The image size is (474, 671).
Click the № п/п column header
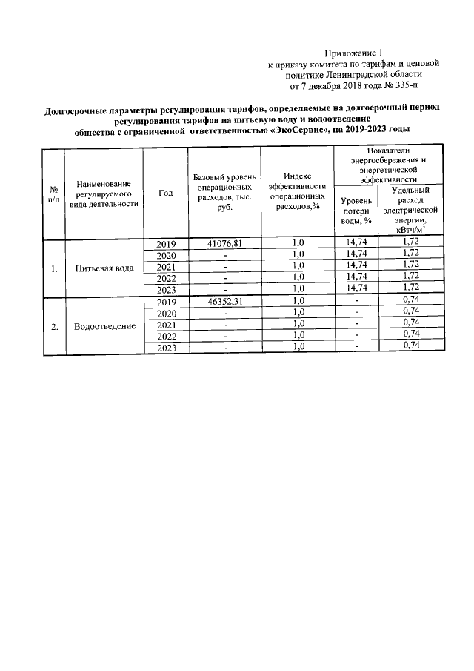(53, 194)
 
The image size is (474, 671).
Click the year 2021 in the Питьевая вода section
(166, 267)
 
